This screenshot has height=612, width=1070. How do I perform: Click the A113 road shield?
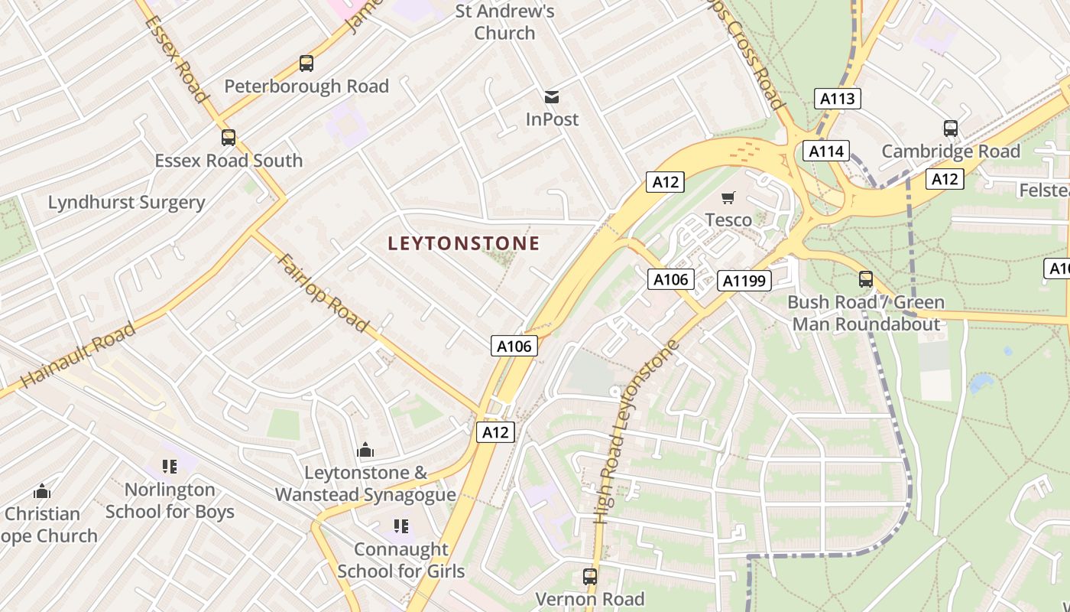pos(838,99)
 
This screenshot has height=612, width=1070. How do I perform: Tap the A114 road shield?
pos(826,151)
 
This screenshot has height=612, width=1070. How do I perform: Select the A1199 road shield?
pos(744,281)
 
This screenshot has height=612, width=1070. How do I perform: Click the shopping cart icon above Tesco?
pos(728,198)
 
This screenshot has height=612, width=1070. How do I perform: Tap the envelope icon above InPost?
pos(552,97)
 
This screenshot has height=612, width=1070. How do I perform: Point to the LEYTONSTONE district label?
pos(464,244)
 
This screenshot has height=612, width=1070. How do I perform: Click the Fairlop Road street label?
pos(324,293)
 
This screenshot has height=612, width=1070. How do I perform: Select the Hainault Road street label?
pos(78,355)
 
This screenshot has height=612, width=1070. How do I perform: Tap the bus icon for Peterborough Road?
pos(306,63)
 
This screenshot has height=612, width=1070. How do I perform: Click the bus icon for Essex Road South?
pos(229,138)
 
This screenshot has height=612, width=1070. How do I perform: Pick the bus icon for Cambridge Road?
pos(951,129)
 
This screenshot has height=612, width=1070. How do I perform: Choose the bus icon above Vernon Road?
pos(590,577)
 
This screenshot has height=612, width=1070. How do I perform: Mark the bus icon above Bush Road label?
pos(866,279)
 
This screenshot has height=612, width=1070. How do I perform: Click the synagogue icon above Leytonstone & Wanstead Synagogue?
pos(365,449)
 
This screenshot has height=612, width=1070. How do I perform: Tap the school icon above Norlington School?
pos(170,466)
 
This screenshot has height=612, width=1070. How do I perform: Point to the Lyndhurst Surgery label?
pos(127,203)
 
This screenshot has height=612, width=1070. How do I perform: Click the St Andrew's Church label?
pos(504,22)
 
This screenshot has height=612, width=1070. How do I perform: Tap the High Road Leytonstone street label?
pos(637,432)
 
